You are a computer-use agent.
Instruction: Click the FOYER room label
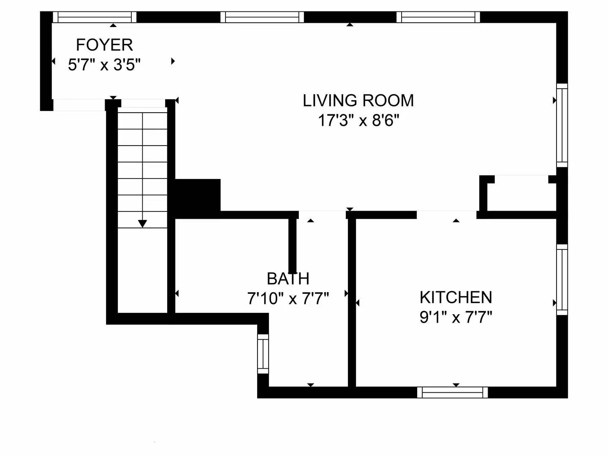point(104,45)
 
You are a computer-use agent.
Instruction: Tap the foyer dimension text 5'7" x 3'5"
point(104,65)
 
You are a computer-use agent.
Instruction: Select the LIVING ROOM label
point(358,100)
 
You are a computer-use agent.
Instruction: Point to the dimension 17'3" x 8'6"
point(358,121)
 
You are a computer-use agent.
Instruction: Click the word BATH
point(288,279)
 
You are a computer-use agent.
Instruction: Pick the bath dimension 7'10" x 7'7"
point(288,299)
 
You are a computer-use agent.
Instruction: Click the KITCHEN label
point(456,298)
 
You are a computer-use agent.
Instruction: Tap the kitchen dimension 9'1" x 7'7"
point(456,317)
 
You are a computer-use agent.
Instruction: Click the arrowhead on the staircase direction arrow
point(143,224)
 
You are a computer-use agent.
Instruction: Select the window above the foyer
point(95,17)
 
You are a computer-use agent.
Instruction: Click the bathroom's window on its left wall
point(263,354)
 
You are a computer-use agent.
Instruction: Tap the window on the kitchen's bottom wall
point(453,393)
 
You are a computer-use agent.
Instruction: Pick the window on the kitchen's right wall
point(562,280)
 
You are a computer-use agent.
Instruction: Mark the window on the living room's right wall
point(562,125)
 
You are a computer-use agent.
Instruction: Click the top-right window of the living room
point(438,17)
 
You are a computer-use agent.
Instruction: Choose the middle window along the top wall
point(262,17)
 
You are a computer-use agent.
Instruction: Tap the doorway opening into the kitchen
point(447,214)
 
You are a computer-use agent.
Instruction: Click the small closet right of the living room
point(521,194)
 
